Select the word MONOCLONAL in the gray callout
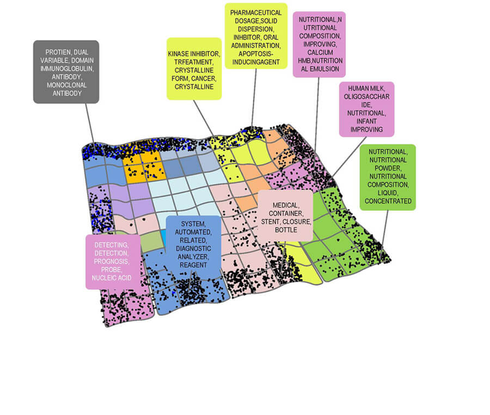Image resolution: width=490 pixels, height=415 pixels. click(67, 85)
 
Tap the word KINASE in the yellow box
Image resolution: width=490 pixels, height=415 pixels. click(179, 54)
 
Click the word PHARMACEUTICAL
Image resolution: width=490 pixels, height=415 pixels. click(256, 13)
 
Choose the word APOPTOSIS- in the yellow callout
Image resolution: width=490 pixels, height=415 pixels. click(256, 54)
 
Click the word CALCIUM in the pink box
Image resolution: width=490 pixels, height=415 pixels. click(320, 52)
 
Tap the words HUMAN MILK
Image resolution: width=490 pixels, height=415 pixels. click(366, 88)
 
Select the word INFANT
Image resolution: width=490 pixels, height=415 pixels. click(366, 121)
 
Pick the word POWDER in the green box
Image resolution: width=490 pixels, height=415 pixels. click(388, 168)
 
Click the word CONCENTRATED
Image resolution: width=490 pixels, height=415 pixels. click(388, 201)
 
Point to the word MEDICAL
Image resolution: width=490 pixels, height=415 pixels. click(286, 205)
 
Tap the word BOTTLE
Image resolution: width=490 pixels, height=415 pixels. click(286, 230)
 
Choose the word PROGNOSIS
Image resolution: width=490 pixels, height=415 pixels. click(112, 261)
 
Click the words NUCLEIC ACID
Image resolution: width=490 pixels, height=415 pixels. click(112, 278)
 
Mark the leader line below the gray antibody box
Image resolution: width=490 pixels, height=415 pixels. click(90, 124)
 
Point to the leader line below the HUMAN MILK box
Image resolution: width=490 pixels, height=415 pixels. click(350, 157)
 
